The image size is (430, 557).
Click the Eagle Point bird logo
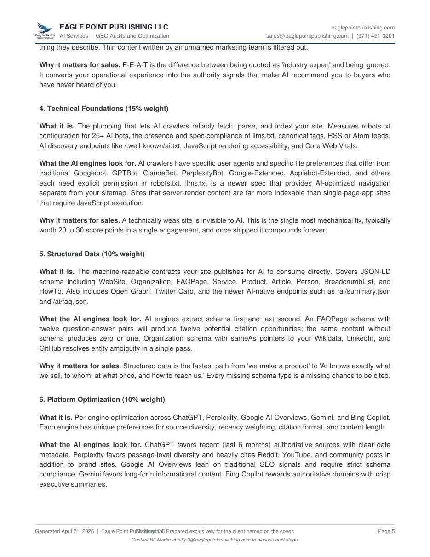45,31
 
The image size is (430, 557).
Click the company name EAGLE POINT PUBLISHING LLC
114,27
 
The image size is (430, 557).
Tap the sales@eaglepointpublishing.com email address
307,36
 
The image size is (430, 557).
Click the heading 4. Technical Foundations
103,109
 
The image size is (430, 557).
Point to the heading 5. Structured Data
92,254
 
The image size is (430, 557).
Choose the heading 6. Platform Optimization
102,400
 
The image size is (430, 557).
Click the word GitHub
51,348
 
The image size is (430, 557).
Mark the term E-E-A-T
135,64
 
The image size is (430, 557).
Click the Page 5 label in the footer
386,531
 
